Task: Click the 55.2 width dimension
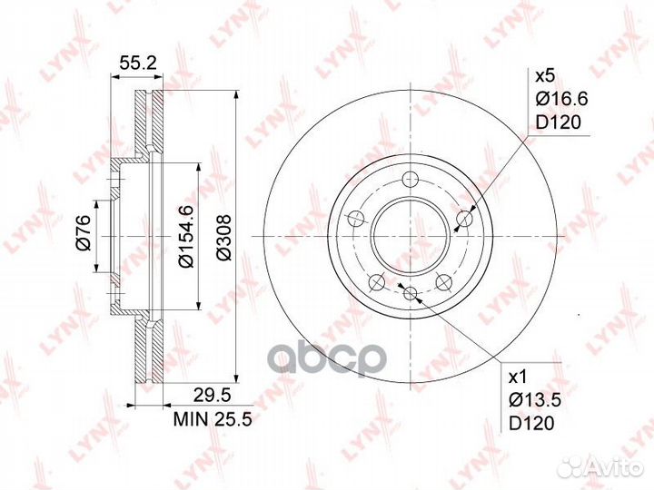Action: click(138, 63)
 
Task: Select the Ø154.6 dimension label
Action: click(185, 236)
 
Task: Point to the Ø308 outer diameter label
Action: click(224, 237)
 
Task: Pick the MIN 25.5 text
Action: click(213, 418)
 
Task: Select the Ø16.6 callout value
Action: click(561, 99)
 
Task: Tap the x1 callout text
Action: click(519, 377)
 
